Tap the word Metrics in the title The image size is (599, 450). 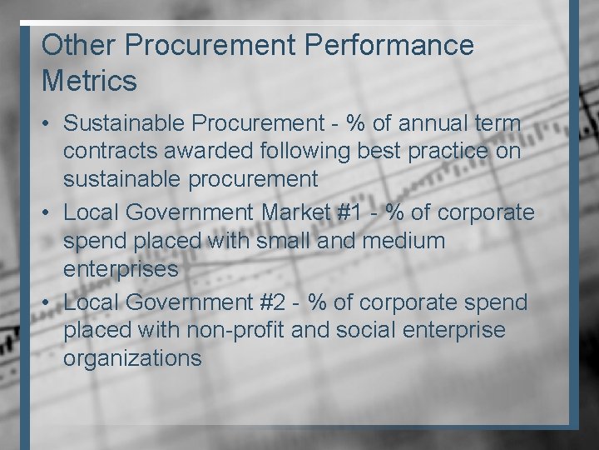tap(89, 82)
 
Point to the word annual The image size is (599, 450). tap(438, 123)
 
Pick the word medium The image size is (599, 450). tap(404, 241)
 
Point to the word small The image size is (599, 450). tap(279, 241)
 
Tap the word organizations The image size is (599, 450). tap(132, 358)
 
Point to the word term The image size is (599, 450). tap(498, 123)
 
